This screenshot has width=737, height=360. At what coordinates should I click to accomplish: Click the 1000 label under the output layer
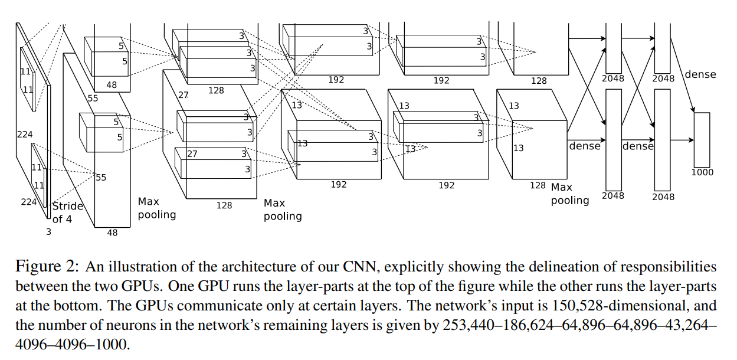click(702, 172)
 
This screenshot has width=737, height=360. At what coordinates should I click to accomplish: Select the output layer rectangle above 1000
click(702, 139)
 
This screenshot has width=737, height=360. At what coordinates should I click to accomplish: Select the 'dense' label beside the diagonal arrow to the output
click(700, 74)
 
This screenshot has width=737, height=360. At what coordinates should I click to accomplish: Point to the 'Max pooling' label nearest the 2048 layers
click(570, 194)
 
